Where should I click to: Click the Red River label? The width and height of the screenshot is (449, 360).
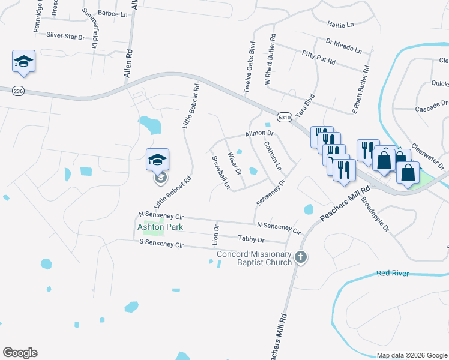pos(393,274)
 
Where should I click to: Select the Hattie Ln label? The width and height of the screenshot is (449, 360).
pos(340,25)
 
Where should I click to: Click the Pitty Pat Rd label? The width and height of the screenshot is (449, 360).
pos(318,58)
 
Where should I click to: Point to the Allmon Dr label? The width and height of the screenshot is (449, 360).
pos(259,133)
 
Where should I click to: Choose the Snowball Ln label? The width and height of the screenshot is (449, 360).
pos(221,172)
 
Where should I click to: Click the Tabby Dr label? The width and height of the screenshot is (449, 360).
pos(251,240)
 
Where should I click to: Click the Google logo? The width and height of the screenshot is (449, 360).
pos(20,353)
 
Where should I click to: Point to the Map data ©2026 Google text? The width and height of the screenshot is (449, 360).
pos(411,355)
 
